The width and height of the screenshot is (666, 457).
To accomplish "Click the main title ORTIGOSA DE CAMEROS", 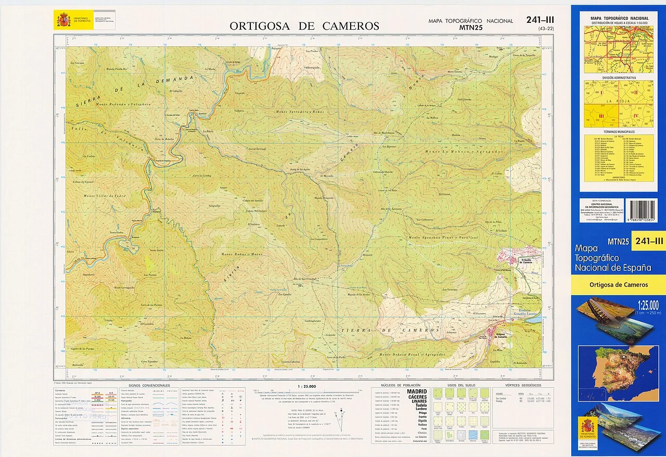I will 304,26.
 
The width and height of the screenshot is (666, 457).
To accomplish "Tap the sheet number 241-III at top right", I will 540,20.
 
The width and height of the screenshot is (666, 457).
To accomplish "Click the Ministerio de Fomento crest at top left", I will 63,21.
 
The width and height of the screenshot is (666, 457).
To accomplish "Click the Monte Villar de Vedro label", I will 104,196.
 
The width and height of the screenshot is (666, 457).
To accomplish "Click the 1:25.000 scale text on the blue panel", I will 647,305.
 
